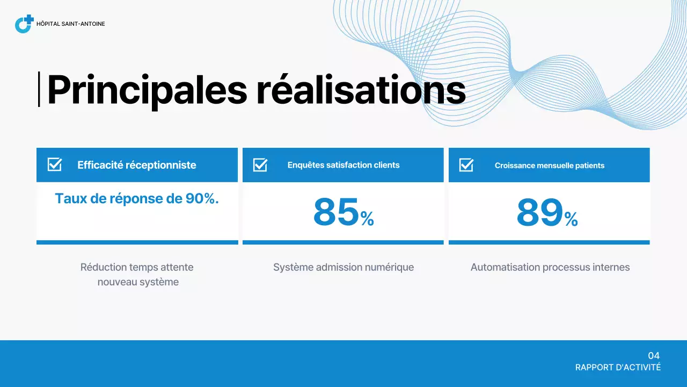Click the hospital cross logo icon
coord(24,24)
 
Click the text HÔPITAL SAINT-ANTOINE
coord(70,24)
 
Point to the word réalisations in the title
coord(361,90)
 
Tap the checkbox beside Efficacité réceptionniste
coord(55,164)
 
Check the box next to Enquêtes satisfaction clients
coord(260,165)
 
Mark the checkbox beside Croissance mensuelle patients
coord(466,165)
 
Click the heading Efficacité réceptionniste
coord(136,165)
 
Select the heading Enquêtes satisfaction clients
coord(343,165)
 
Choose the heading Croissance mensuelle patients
coord(550,166)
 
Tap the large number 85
coord(336,212)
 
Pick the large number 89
coord(540,212)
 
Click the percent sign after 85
coord(367,219)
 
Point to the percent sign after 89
coord(571,219)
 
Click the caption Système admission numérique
coord(343,267)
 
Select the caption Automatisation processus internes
coord(550,267)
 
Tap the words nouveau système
coord(138,282)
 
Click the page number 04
coord(654,356)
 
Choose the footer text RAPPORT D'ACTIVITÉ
coord(618,368)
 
